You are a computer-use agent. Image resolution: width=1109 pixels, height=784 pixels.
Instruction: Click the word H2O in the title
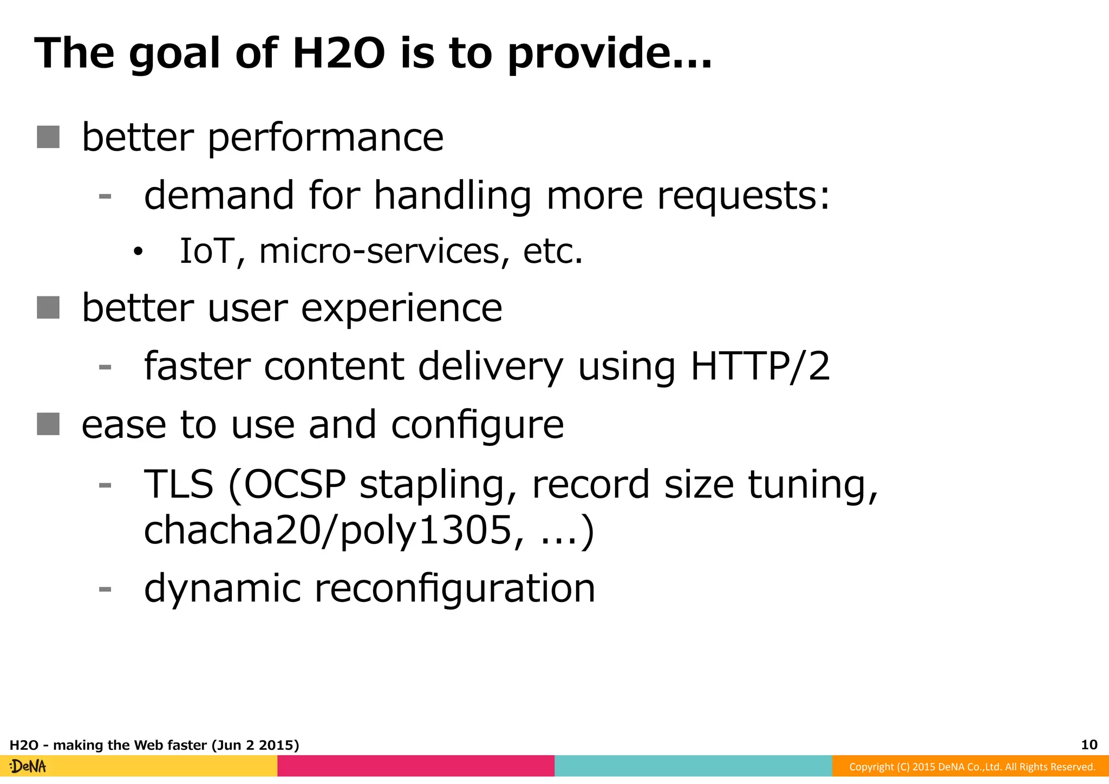(x=338, y=54)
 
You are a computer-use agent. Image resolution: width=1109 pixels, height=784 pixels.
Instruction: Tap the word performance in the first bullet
(x=325, y=138)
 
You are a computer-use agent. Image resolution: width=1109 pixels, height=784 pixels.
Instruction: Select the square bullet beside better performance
(x=48, y=137)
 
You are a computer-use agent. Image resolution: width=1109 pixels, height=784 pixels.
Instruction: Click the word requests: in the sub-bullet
(x=743, y=196)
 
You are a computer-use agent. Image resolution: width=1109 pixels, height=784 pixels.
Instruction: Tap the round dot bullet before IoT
(x=139, y=251)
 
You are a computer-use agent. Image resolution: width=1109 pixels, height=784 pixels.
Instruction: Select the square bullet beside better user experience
(x=48, y=308)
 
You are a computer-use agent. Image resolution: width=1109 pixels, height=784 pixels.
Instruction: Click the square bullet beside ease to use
(x=48, y=424)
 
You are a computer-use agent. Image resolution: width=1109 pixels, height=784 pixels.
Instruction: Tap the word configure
(x=477, y=425)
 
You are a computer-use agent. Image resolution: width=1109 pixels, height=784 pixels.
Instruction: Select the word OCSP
(x=295, y=484)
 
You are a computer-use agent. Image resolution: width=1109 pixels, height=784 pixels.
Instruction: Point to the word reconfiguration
(x=454, y=588)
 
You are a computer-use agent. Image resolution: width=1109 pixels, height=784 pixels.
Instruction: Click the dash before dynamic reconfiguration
(x=105, y=589)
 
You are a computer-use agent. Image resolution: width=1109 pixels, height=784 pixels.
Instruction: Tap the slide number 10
(x=1089, y=744)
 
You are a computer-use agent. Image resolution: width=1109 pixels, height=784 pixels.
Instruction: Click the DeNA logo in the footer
(x=28, y=767)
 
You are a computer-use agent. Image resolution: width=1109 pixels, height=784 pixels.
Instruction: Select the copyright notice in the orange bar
(x=972, y=767)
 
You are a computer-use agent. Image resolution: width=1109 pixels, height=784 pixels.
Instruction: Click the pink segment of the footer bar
(x=416, y=766)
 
